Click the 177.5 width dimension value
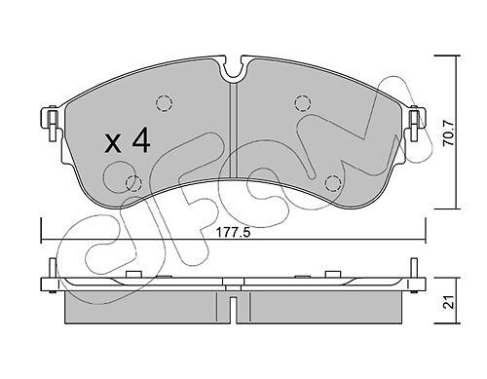point(233,233)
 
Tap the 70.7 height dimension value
point(449,133)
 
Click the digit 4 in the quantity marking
point(141,140)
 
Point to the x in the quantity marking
point(113,144)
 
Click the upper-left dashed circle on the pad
point(164,103)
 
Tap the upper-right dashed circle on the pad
point(303,103)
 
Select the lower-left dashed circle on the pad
point(133,183)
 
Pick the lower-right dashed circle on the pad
point(333,183)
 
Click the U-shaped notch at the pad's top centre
point(234,77)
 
